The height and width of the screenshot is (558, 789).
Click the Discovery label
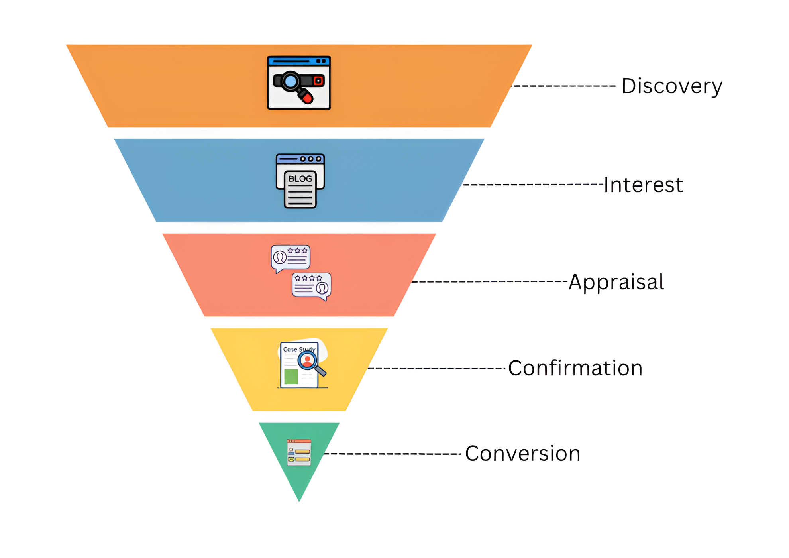(671, 86)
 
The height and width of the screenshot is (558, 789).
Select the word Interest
(643, 185)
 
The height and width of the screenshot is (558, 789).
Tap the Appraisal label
(616, 282)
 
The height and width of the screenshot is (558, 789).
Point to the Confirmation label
(575, 368)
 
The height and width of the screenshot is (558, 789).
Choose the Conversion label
(522, 454)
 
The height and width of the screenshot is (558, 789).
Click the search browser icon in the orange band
(298, 83)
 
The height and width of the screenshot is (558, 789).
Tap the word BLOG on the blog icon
(300, 179)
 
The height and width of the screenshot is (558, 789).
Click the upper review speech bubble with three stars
(290, 257)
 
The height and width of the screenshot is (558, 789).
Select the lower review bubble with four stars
(311, 285)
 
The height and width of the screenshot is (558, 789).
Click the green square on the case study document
(291, 377)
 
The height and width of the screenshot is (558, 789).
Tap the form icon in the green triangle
(299, 453)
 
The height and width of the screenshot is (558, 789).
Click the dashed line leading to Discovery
(564, 86)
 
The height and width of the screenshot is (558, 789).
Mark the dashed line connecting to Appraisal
(489, 281)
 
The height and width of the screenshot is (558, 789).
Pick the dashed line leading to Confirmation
(436, 368)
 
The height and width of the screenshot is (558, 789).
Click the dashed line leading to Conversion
(393, 454)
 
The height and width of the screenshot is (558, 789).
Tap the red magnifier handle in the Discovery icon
(306, 97)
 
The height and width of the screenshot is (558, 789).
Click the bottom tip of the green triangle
(299, 500)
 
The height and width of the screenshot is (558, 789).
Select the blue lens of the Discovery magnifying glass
(290, 81)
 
